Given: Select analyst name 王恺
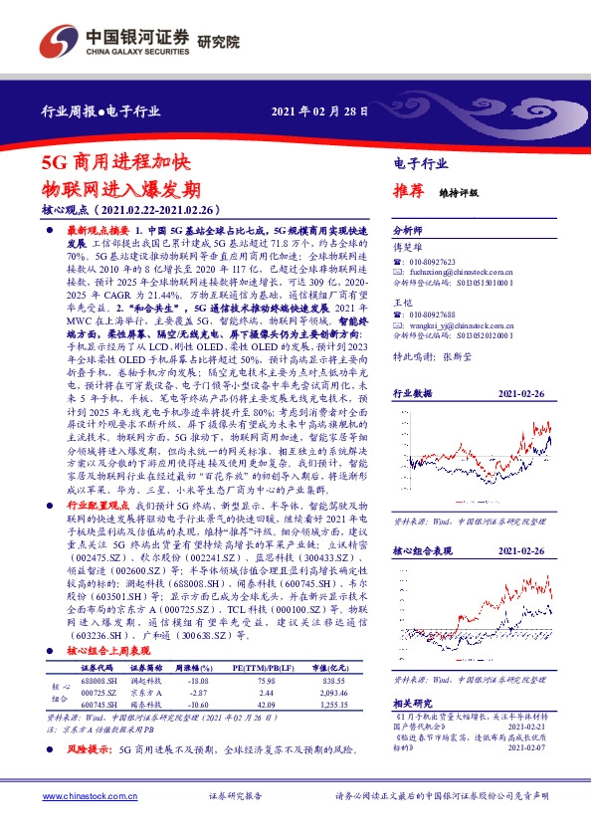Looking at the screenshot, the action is tap(402, 302).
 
